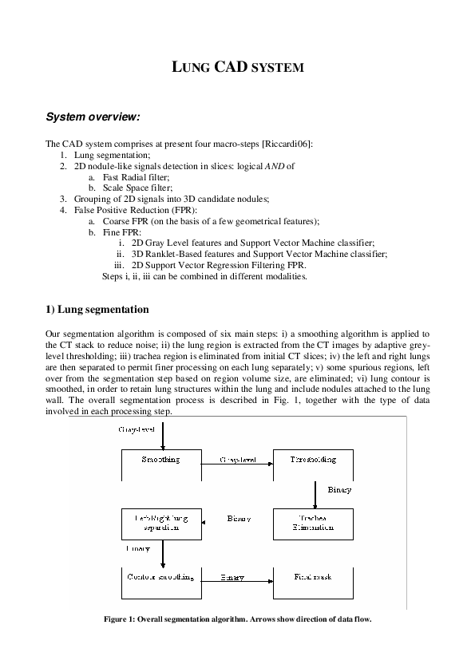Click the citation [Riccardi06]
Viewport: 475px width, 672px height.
point(287,144)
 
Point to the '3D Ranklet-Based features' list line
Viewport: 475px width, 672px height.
point(259,253)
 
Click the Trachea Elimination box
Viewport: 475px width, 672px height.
point(313,523)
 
